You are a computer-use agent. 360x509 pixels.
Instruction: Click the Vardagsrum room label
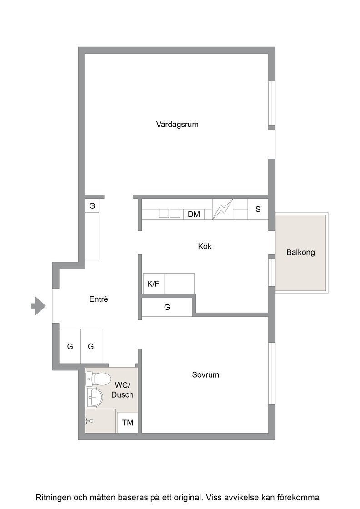[x=177, y=125]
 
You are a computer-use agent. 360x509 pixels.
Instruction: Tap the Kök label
[x=205, y=246]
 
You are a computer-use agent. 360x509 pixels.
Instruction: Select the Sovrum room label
[x=205, y=374]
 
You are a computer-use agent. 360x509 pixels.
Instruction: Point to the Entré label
[x=99, y=299]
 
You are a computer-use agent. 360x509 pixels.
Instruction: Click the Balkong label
[x=300, y=252]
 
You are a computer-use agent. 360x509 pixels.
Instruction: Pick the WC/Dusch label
[x=122, y=390]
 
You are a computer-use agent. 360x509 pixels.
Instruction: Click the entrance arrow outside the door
[x=39, y=306]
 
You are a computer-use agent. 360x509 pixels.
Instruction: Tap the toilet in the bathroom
[x=98, y=379]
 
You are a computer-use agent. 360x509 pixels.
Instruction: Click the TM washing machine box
[x=128, y=422]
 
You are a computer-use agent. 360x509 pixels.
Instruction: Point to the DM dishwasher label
[x=194, y=214]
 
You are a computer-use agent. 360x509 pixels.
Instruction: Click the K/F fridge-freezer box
[x=153, y=284]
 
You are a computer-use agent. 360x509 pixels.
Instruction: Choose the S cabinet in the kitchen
[x=258, y=209]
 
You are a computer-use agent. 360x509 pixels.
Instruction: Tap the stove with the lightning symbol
[x=223, y=209]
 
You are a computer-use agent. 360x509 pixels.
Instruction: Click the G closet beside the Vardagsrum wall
[x=92, y=206]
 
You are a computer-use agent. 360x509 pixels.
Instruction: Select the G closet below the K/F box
[x=167, y=307]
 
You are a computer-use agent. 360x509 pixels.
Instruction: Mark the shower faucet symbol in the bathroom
[x=89, y=421]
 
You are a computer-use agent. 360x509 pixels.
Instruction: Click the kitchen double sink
[x=170, y=213]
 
